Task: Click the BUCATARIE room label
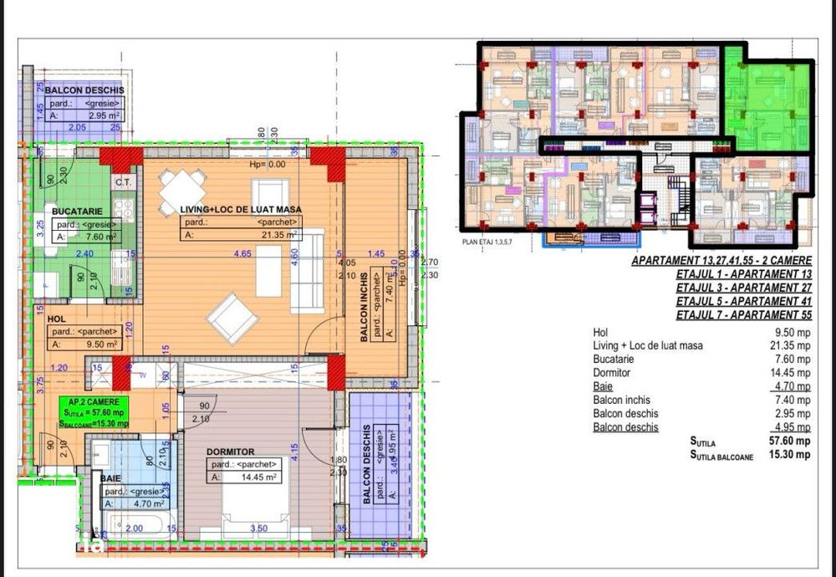77,212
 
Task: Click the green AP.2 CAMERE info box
94,412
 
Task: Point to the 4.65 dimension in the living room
243,253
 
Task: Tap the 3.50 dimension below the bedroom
258,528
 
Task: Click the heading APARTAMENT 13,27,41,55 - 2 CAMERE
721,261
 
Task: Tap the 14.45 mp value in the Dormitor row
792,373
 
